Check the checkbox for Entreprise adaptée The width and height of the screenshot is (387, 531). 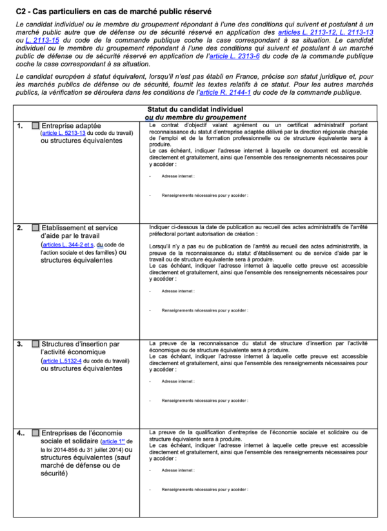[x=35, y=125]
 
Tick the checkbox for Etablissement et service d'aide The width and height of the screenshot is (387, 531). [x=35, y=228]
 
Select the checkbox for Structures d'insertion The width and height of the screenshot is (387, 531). [x=35, y=344]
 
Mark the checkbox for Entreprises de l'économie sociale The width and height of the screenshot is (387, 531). [x=35, y=433]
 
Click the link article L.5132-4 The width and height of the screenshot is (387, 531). [x=62, y=361]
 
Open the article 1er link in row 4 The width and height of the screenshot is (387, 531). [x=114, y=441]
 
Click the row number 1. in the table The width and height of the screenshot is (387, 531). [x=20, y=125]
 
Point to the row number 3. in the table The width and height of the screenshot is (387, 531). [x=20, y=344]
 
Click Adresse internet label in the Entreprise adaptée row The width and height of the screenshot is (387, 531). [x=178, y=175]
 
